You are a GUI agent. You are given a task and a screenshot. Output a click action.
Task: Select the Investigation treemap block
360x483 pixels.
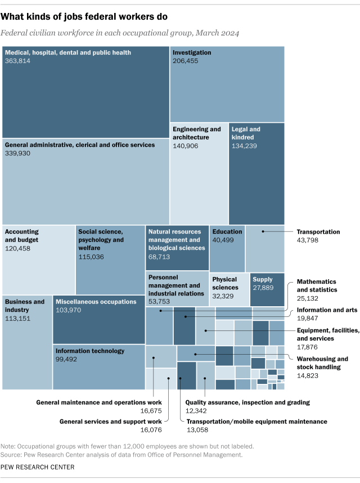pyautogui.click(x=227, y=84)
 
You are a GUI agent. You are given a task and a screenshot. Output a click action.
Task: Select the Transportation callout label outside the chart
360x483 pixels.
pyautogui.click(x=318, y=231)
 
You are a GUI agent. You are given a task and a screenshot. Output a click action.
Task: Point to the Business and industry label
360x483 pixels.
pyautogui.click(x=25, y=306)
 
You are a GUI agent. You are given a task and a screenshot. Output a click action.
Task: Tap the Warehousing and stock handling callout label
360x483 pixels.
pyautogui.click(x=322, y=363)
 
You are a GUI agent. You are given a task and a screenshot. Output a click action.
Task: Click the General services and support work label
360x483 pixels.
pyautogui.click(x=111, y=421)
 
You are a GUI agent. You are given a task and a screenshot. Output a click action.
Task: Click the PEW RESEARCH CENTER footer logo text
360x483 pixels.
pyautogui.click(x=38, y=467)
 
